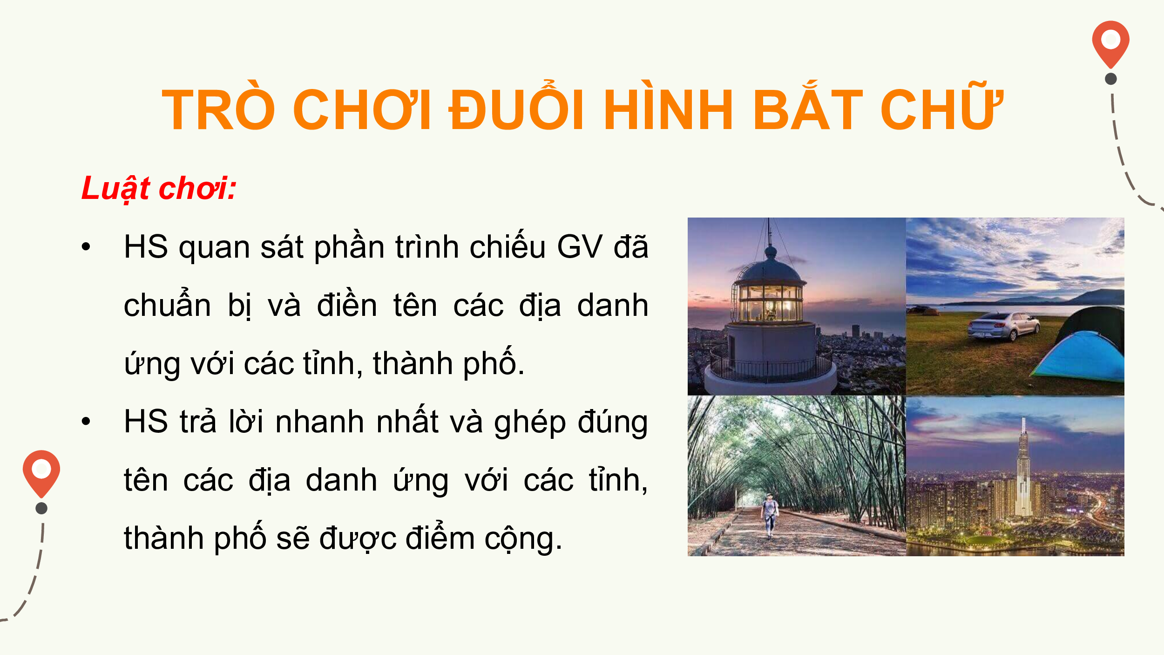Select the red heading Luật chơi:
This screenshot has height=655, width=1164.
click(x=159, y=189)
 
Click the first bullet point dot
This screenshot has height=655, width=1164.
click(x=86, y=246)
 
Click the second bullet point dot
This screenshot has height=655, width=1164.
click(x=86, y=422)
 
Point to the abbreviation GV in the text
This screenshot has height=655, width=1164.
click(x=580, y=246)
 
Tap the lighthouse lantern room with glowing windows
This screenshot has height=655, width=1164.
click(x=771, y=303)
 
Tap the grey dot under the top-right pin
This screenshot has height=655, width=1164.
click(x=1111, y=79)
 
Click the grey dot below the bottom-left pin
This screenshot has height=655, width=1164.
click(x=41, y=508)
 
